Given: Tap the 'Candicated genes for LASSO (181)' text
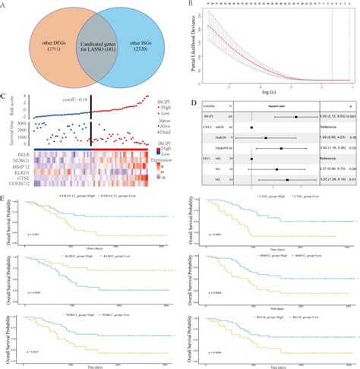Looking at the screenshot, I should pyautogui.click(x=93, y=46).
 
